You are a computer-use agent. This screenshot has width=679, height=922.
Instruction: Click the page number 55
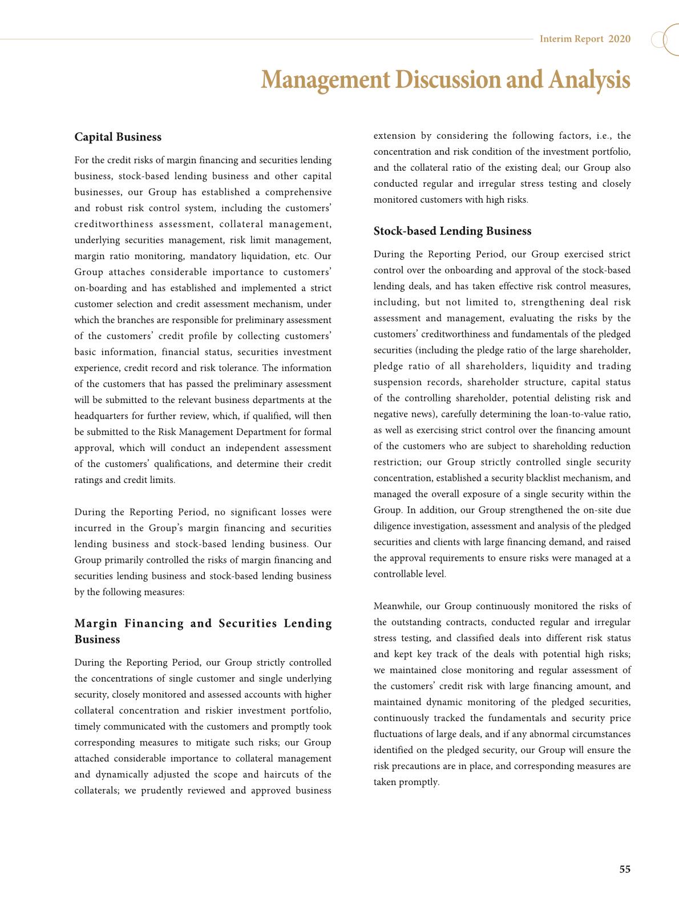pos(625,869)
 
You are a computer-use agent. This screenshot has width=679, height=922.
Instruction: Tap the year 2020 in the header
pos(620,39)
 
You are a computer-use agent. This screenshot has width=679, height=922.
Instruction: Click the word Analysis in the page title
pos(589,80)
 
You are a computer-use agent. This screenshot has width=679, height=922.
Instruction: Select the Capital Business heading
pos(118,137)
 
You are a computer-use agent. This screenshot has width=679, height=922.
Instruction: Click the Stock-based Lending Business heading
pos(452,231)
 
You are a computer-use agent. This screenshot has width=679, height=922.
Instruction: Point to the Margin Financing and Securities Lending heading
pos(203,623)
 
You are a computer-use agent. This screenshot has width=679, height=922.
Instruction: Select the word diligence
pos(393,526)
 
